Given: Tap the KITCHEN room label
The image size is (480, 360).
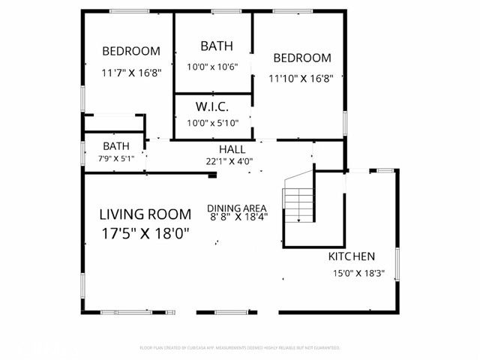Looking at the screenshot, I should coord(352,256).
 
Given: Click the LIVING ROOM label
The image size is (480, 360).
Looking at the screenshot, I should coord(145,214).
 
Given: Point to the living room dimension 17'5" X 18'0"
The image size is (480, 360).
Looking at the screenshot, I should coord(145,233).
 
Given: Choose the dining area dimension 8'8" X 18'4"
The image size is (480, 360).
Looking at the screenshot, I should coord(238,217).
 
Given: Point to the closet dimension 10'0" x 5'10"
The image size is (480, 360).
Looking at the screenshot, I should coord(212,123).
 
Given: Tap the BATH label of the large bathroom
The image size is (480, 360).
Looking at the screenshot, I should coord(215,46).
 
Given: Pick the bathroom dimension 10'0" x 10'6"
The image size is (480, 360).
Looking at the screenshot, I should coord(212,66).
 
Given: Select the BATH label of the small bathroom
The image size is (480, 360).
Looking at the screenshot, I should coord(116,146).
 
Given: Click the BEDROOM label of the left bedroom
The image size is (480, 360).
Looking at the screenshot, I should coord(131,51).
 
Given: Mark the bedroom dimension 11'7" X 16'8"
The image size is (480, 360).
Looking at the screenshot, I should coord(131,74).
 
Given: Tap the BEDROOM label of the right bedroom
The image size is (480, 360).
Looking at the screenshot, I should coord(301,58).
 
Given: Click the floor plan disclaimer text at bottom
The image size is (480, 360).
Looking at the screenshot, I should coord(240,348).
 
